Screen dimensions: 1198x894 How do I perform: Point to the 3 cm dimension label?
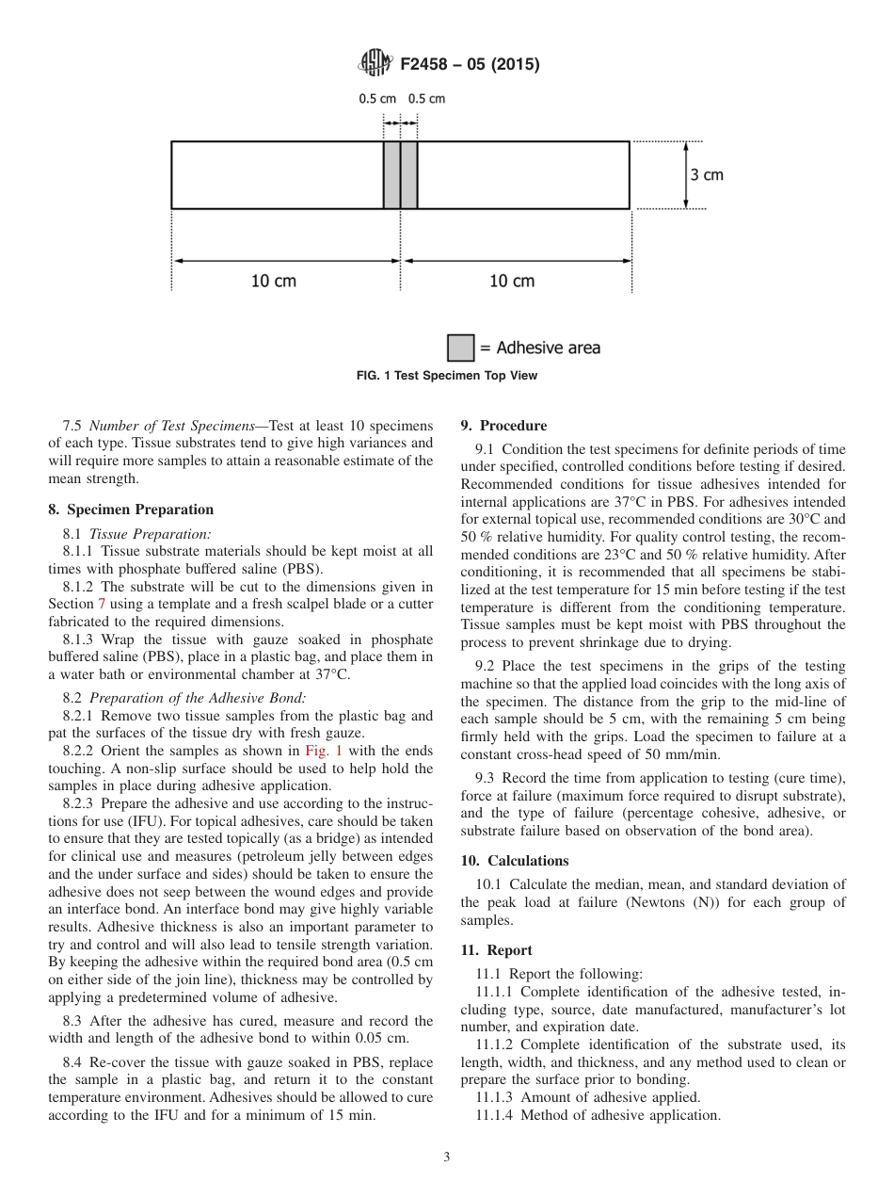click(707, 175)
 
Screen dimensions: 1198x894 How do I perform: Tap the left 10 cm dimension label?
click(273, 281)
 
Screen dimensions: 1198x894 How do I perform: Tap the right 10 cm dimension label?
click(512, 281)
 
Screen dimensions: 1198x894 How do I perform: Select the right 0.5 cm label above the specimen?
click(426, 98)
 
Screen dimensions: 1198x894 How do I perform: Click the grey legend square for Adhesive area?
click(460, 348)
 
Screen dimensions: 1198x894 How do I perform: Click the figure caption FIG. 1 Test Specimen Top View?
click(447, 375)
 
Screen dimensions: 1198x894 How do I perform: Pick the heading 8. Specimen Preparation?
click(131, 510)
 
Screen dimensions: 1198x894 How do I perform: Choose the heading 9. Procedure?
click(503, 426)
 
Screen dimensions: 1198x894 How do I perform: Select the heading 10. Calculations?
click(515, 861)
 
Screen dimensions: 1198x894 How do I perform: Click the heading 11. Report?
click(497, 950)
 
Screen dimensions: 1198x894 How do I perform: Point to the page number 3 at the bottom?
click(447, 1158)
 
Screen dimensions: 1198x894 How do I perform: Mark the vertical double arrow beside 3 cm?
click(686, 175)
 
